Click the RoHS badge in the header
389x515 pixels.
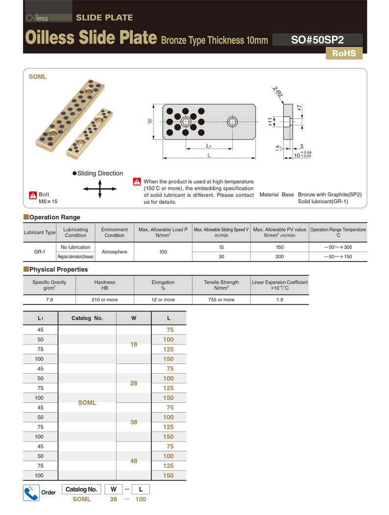coord(344,53)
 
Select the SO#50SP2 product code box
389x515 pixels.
coord(317,40)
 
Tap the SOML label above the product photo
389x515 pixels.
coord(38,77)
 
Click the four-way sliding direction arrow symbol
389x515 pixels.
coord(100,188)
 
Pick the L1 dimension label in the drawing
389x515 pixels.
coord(209,146)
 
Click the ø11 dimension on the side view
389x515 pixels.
coord(270,121)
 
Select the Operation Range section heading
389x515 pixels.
coord(54,217)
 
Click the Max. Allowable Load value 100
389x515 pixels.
coord(163,252)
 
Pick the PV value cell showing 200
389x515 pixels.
coord(279,257)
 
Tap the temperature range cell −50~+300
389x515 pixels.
coord(338,247)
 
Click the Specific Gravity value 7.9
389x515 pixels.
coord(49,300)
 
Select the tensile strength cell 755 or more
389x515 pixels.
coord(221,300)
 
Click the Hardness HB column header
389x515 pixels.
coord(105,285)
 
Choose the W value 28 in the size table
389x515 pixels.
coord(134,383)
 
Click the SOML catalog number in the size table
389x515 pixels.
coord(87,403)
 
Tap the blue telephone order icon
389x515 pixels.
coord(31,492)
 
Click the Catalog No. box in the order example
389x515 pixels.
coord(81,490)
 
